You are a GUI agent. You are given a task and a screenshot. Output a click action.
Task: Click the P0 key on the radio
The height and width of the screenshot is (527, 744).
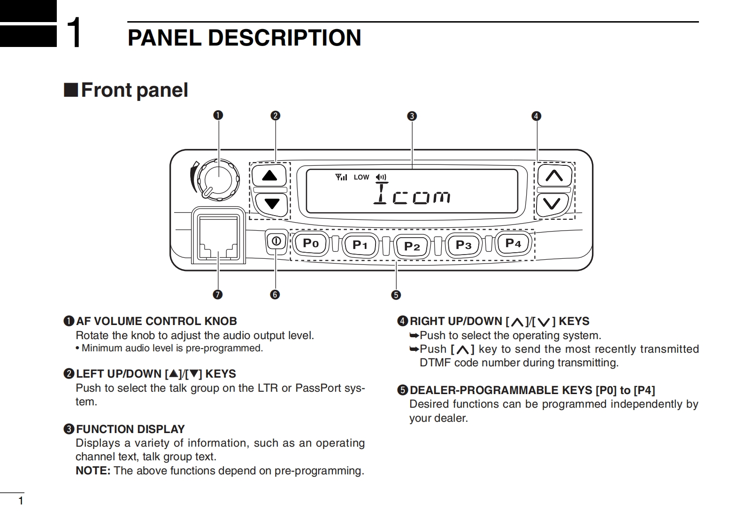coord(310,243)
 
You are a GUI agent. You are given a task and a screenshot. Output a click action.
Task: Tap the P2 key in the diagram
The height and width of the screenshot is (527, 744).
coord(412,246)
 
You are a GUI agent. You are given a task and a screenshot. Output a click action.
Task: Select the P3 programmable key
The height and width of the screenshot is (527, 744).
coord(463,245)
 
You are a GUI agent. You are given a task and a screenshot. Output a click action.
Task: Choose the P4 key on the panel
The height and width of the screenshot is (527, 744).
coord(513,243)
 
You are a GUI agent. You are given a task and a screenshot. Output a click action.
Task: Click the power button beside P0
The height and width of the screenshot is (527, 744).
coord(276,241)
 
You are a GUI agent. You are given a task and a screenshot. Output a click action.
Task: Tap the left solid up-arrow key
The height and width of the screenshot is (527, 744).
coord(269,176)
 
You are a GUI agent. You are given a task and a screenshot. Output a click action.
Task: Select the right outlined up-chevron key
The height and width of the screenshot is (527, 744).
coord(554,176)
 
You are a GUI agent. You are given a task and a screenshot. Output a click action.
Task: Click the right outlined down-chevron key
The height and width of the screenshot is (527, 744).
coord(552,204)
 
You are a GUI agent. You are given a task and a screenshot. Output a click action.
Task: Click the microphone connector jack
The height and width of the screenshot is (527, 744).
coord(218,237)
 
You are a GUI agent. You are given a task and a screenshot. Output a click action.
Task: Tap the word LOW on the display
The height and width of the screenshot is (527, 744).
coord(361,178)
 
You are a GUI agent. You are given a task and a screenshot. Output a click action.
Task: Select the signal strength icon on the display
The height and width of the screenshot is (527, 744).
coord(341,177)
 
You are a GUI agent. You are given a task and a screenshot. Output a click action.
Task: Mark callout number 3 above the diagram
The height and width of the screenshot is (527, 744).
coord(412,116)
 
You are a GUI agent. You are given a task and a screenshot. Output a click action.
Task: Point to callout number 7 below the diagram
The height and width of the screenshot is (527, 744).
coord(217,294)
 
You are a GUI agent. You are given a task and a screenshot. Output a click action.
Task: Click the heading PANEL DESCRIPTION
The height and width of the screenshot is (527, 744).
coord(244,38)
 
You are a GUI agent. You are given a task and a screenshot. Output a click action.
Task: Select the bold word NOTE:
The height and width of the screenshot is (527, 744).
coord(93,471)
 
